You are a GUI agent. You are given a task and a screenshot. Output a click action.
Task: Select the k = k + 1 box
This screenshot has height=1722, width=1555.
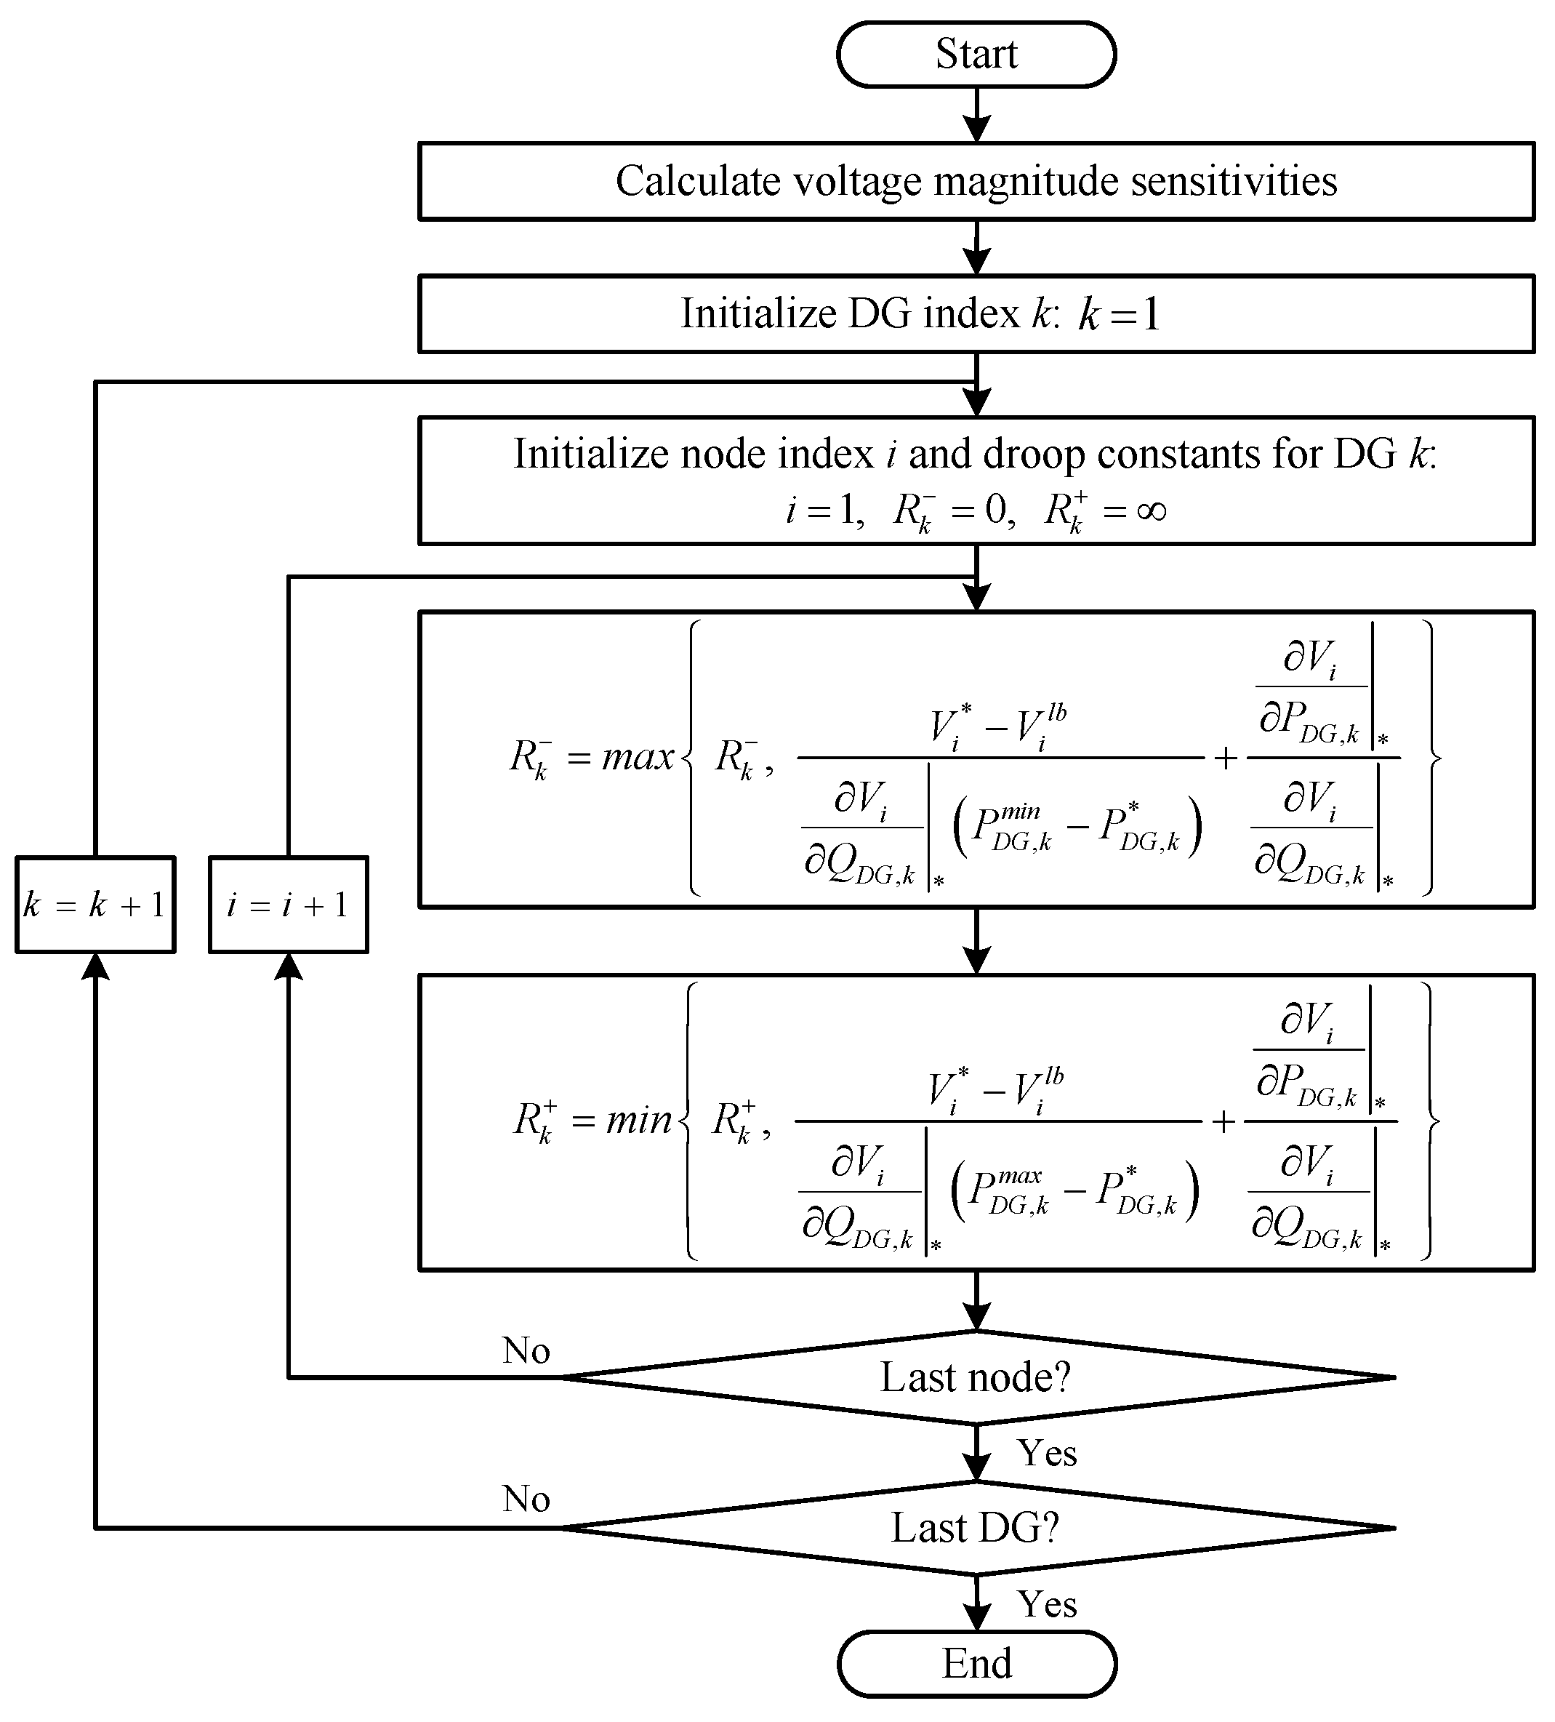[95, 905]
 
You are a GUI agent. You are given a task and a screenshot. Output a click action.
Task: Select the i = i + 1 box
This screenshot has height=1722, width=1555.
[288, 905]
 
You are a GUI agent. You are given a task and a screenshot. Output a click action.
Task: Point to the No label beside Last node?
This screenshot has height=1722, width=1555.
[525, 1350]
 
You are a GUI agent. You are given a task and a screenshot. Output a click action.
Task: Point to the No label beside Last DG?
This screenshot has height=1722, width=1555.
[525, 1499]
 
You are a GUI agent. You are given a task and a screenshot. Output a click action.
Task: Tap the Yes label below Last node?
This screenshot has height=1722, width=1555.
[1046, 1452]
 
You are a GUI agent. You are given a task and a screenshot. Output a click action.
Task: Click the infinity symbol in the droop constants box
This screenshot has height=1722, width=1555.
[1151, 510]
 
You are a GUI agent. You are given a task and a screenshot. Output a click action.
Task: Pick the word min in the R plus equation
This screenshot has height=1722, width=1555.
[639, 1120]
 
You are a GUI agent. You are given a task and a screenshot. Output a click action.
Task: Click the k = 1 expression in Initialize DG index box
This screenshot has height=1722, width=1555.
[1120, 313]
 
